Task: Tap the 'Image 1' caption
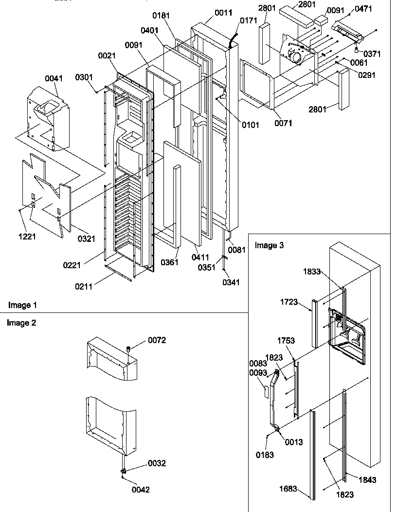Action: click(x=22, y=305)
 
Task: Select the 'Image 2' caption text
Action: click(x=21, y=323)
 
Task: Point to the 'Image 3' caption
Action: click(x=269, y=245)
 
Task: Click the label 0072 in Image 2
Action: click(x=156, y=340)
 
